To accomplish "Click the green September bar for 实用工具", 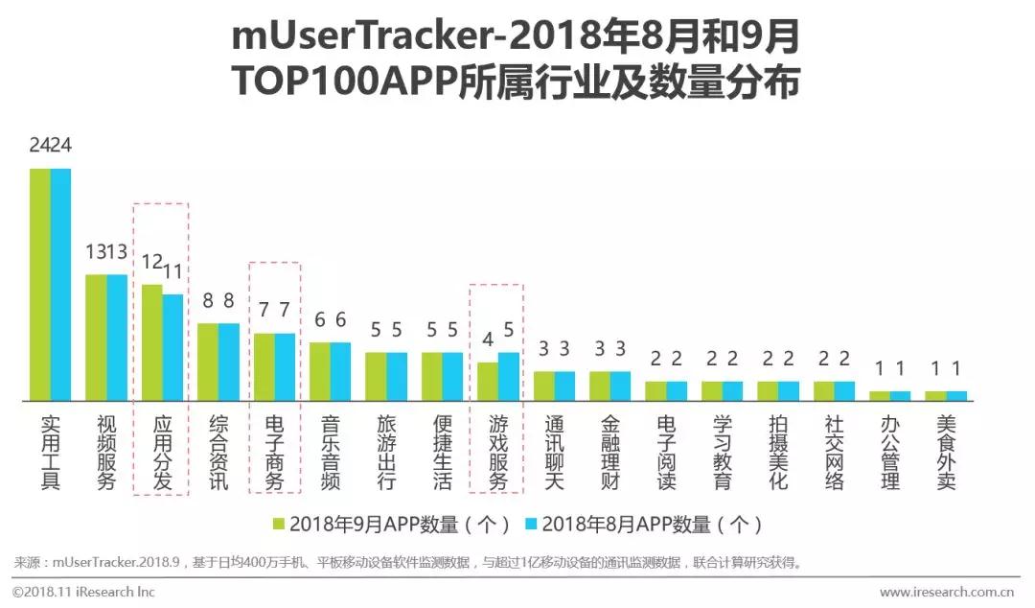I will click(x=40, y=284).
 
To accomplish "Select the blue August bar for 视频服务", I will click(x=117, y=337).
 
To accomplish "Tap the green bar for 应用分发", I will click(x=151, y=341).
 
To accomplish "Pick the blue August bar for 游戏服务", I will click(x=509, y=376).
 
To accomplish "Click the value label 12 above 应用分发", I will click(x=152, y=262).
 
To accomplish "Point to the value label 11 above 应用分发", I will click(x=172, y=272).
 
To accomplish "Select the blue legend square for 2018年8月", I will click(x=532, y=525).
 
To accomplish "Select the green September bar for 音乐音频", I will click(x=319, y=371).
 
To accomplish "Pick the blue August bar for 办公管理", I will click(x=900, y=395).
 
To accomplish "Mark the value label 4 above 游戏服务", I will click(x=488, y=339).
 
